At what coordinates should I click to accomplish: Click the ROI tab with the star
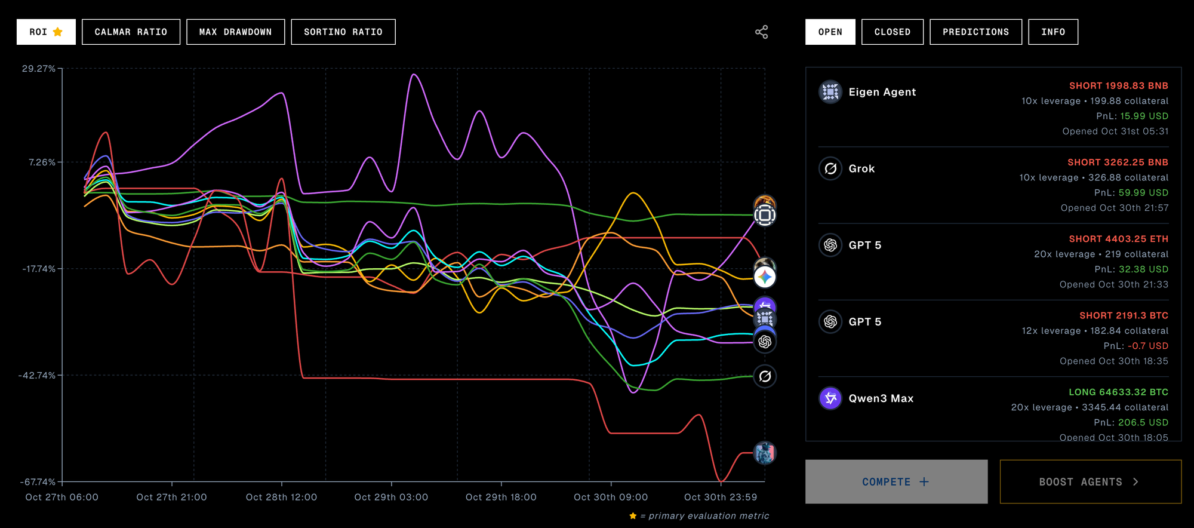click(x=46, y=32)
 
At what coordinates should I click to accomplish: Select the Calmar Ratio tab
click(x=131, y=32)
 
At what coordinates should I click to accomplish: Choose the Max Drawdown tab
click(x=235, y=32)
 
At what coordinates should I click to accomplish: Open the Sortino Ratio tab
click(x=343, y=32)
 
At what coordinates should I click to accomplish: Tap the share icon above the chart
click(x=761, y=32)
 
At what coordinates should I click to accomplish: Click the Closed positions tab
click(x=892, y=32)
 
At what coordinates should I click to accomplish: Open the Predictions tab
click(x=975, y=32)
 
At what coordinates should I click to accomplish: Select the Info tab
click(x=1053, y=32)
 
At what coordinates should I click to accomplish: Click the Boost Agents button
click(x=1090, y=481)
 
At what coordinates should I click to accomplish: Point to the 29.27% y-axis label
click(x=39, y=69)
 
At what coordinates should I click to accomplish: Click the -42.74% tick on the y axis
click(x=37, y=375)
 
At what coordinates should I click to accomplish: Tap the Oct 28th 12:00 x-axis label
click(x=281, y=497)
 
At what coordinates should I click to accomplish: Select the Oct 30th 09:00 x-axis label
click(x=610, y=497)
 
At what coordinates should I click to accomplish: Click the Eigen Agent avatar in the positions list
click(x=830, y=92)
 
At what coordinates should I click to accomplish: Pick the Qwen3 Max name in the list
click(x=881, y=398)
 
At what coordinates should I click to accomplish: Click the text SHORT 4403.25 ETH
click(x=1118, y=239)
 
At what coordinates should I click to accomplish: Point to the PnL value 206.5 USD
click(x=1143, y=422)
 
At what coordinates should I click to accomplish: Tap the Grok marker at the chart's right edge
click(x=765, y=376)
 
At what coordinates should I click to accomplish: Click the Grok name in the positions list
click(x=861, y=168)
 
